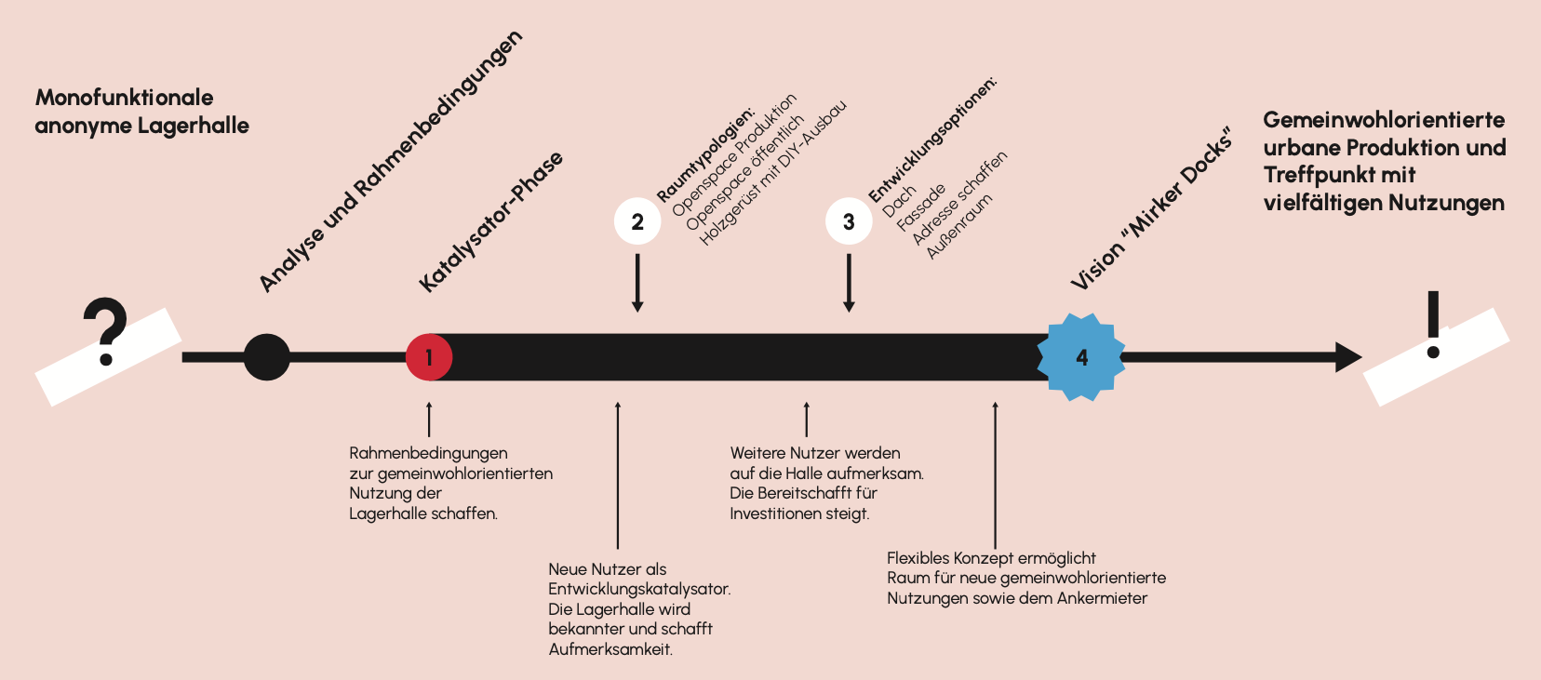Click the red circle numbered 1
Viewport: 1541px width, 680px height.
pyautogui.click(x=429, y=357)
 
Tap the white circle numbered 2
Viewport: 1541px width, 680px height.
pyautogui.click(x=637, y=222)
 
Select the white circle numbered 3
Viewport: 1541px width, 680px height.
pyautogui.click(x=849, y=222)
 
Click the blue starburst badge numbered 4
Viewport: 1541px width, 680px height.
pyautogui.click(x=1081, y=357)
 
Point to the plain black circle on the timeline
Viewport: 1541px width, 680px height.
pyautogui.click(x=267, y=357)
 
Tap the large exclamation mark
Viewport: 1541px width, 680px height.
pyautogui.click(x=1433, y=325)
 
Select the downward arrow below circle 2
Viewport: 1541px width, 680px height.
pyautogui.click(x=637, y=284)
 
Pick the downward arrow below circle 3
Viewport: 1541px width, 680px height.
pyautogui.click(x=849, y=284)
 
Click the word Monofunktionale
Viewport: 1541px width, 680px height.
pyautogui.click(x=124, y=98)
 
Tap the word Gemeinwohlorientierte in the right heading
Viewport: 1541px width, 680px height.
pyautogui.click(x=1383, y=120)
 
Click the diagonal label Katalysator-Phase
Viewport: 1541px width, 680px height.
pyautogui.click(x=490, y=222)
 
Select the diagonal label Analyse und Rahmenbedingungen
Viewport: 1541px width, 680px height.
pyautogui.click(x=391, y=162)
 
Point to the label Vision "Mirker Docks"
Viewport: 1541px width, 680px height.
pyautogui.click(x=1152, y=210)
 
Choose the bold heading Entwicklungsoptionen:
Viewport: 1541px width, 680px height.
pyautogui.click(x=932, y=140)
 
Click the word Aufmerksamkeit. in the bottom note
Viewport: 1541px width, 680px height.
pyautogui.click(x=610, y=649)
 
